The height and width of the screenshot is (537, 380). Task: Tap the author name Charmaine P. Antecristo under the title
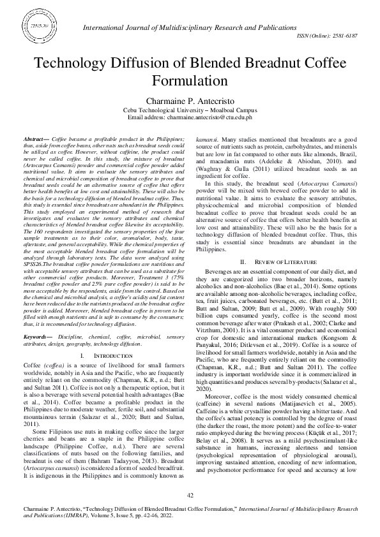point(190,101)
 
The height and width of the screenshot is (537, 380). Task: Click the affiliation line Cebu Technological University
point(190,110)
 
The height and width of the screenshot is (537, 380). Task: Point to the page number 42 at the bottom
point(190,495)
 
